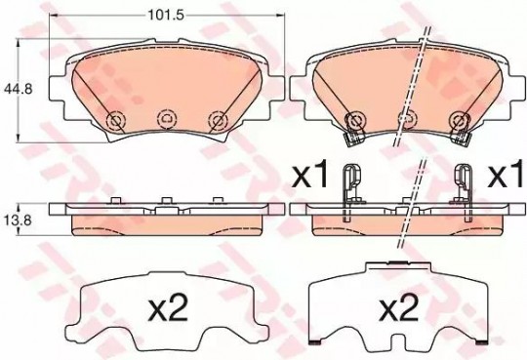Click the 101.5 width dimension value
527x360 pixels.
(x=166, y=16)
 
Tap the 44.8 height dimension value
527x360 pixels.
(x=18, y=90)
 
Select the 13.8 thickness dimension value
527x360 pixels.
(x=18, y=220)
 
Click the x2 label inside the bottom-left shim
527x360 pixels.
(x=168, y=307)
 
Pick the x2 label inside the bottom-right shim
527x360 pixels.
(x=399, y=307)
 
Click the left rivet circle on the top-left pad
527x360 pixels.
(x=115, y=120)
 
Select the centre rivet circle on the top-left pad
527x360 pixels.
(x=168, y=119)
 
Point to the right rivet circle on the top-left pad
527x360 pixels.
(x=219, y=120)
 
